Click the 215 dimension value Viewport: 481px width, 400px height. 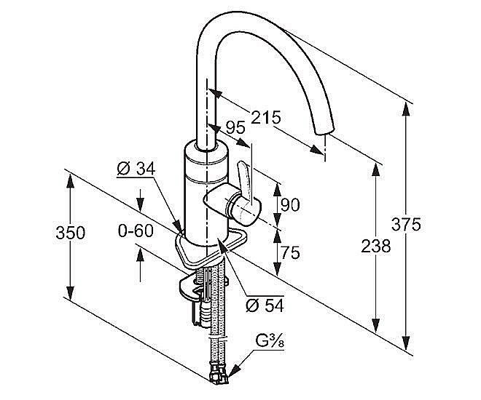click(x=266, y=117)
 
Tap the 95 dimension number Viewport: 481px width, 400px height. click(x=235, y=127)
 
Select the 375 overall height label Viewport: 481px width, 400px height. click(x=406, y=224)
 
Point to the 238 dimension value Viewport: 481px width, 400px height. click(x=376, y=246)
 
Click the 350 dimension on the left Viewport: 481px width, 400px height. click(x=70, y=233)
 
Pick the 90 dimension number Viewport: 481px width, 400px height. click(x=290, y=205)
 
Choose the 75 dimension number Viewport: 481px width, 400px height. click(x=290, y=253)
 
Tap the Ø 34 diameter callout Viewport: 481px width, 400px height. click(x=136, y=168)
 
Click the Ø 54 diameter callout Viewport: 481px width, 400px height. click(x=265, y=305)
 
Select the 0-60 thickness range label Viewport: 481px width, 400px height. click(x=136, y=230)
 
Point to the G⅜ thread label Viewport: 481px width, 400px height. click(x=270, y=342)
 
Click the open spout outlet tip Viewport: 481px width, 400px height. click(x=323, y=130)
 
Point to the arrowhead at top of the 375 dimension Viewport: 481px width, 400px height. click(x=406, y=108)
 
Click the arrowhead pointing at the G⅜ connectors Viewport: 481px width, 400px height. click(x=235, y=369)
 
